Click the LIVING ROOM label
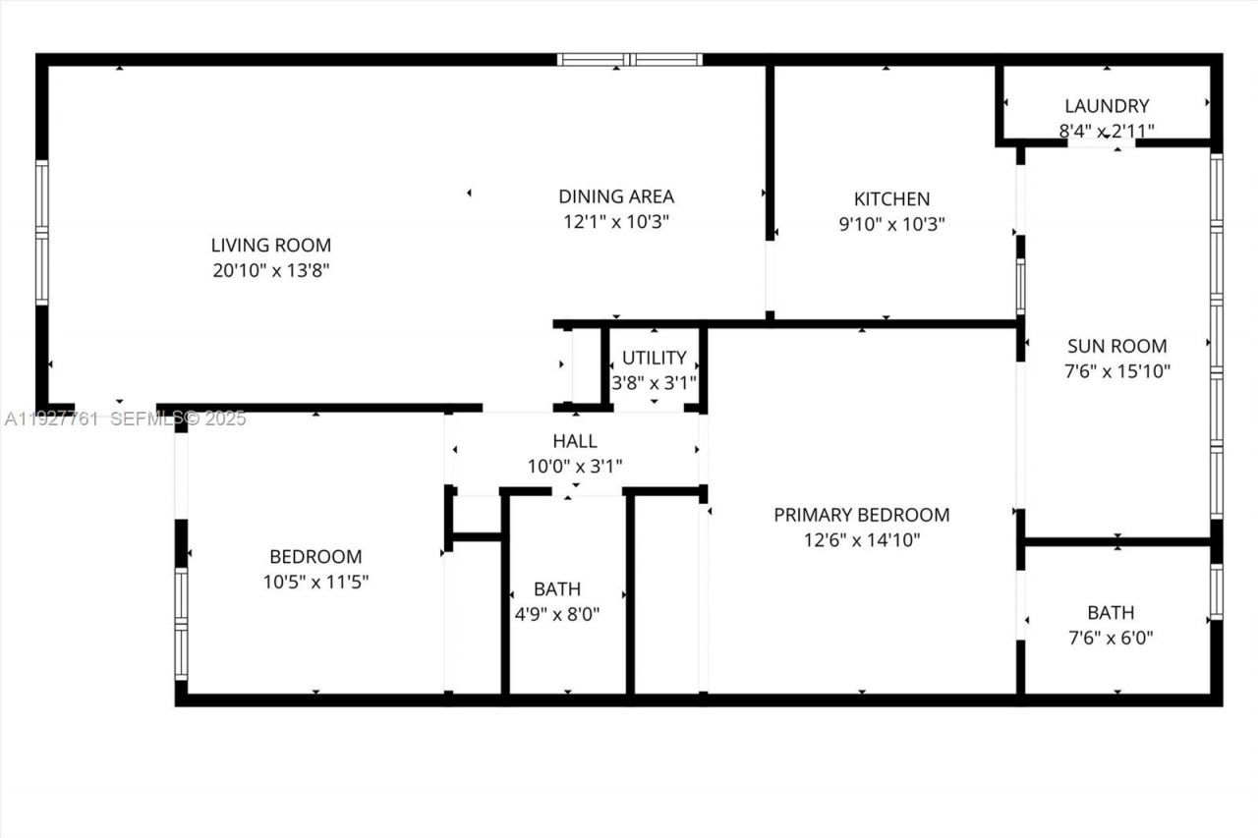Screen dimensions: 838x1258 click(271, 246)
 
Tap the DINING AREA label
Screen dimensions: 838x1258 click(616, 196)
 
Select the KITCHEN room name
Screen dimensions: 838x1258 click(891, 198)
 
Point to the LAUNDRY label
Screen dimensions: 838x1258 click(1107, 106)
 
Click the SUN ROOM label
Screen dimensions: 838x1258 click(1117, 346)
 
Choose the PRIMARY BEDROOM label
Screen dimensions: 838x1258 click(861, 515)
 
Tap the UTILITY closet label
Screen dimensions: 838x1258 click(654, 358)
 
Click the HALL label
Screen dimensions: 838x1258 click(575, 441)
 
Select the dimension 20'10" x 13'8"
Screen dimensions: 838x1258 click(271, 270)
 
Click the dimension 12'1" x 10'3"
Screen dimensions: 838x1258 click(616, 222)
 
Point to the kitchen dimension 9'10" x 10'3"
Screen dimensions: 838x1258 click(891, 224)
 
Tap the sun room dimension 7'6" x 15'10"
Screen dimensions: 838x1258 click(1118, 371)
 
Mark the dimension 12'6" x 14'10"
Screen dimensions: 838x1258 click(861, 540)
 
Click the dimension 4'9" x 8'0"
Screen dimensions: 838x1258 click(556, 615)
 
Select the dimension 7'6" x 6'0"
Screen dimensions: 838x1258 click(1111, 638)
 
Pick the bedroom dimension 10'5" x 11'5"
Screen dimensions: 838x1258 click(315, 582)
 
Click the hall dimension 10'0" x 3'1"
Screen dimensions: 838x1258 click(575, 466)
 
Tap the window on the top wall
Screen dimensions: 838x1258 click(629, 60)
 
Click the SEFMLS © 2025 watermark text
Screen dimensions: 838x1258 click(178, 419)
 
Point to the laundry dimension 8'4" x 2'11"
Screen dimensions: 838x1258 click(1107, 131)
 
